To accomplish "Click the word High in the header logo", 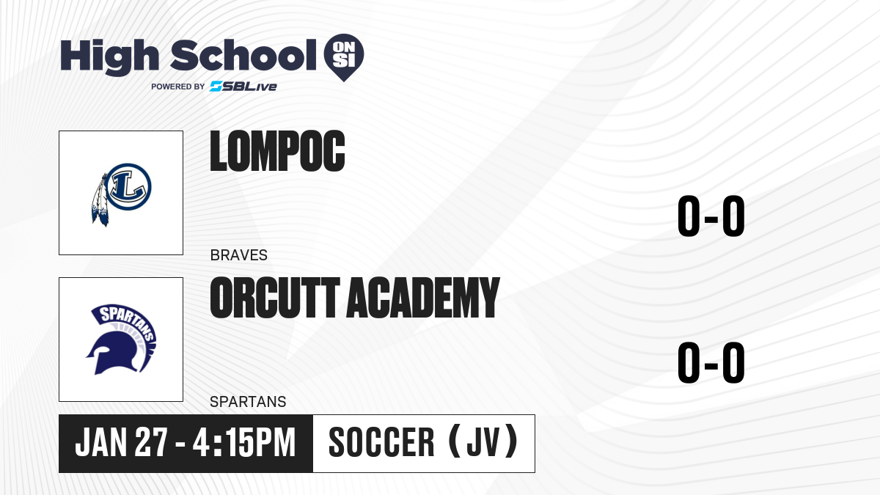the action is tap(109, 57).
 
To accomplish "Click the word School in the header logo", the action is tap(243, 54).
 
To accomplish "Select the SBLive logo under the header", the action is tap(243, 86).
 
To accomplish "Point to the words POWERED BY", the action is tap(178, 87).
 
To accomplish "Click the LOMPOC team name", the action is tap(277, 151).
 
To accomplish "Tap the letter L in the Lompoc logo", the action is tap(128, 186).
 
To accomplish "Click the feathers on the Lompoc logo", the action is tap(100, 200).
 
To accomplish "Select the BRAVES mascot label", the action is tap(239, 255).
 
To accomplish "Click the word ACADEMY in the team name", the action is tap(423, 297).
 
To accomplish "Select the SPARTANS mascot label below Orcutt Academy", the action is tap(248, 402).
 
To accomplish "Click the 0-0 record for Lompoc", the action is tap(711, 216).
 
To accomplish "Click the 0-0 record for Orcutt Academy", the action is tap(711, 362).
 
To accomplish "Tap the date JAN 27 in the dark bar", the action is tap(122, 442).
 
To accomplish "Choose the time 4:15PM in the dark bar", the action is tap(244, 442).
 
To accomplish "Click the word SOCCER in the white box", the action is tap(381, 442).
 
